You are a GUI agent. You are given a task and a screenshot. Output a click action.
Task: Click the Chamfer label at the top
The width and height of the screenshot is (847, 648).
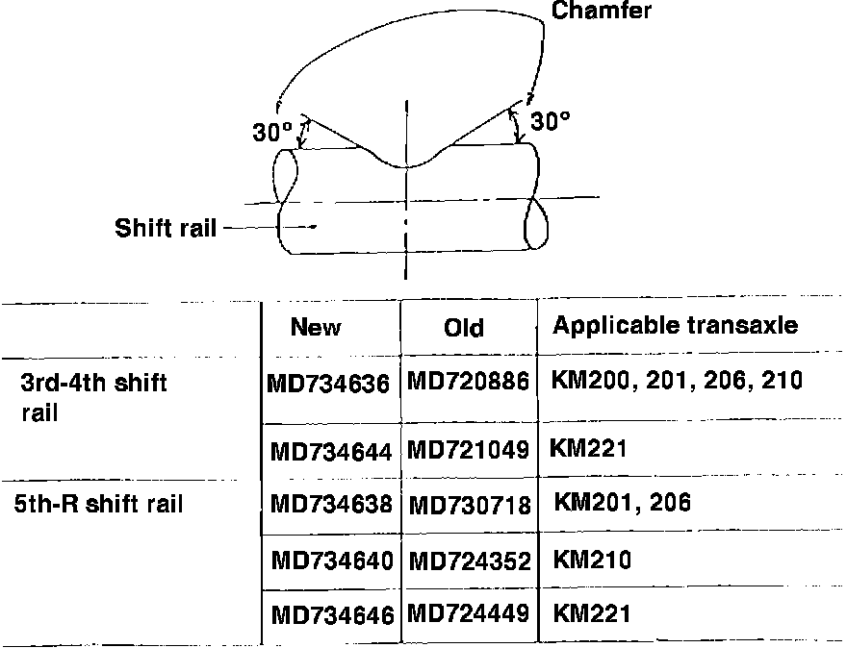click(602, 12)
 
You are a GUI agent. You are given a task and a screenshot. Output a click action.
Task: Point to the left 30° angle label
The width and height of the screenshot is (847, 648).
click(272, 133)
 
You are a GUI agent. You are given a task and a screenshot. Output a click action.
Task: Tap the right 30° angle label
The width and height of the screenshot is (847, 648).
click(551, 121)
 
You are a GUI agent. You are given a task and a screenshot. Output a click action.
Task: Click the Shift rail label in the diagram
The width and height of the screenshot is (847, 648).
click(165, 228)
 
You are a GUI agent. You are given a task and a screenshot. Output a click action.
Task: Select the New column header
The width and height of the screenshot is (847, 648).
click(316, 328)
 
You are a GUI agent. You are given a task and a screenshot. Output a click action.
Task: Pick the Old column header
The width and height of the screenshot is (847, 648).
click(464, 328)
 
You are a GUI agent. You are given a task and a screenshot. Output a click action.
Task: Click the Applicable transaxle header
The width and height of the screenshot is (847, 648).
click(675, 325)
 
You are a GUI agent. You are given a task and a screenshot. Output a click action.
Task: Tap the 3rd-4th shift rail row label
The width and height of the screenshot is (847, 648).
click(93, 397)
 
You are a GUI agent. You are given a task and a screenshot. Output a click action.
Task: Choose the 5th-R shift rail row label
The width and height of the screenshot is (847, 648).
click(98, 503)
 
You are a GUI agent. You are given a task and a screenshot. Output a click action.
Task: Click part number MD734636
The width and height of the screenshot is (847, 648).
click(329, 384)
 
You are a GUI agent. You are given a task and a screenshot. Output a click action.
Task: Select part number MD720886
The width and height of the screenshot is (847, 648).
click(469, 382)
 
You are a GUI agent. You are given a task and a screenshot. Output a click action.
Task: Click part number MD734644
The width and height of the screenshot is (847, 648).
click(330, 450)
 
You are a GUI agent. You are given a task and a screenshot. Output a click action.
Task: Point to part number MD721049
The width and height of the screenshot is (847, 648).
click(469, 449)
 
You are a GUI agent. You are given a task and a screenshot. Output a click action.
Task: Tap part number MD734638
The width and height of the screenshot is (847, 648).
click(331, 504)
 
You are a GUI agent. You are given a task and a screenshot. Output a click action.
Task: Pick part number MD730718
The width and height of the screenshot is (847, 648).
click(471, 504)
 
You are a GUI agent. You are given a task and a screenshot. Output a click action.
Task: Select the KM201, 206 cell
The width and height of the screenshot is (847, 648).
click(623, 502)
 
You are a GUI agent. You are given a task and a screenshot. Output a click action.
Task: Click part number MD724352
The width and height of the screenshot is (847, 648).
click(471, 560)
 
